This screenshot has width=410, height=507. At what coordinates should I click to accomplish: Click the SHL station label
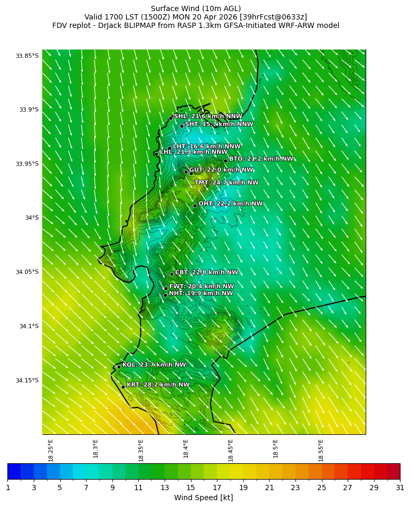(x=208, y=116)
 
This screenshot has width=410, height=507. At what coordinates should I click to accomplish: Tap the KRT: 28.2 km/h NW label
(x=158, y=385)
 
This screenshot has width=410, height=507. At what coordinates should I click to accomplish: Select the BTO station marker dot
(x=225, y=161)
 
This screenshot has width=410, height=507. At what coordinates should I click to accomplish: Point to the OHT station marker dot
(x=195, y=206)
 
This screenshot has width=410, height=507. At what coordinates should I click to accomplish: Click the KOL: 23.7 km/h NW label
(x=154, y=365)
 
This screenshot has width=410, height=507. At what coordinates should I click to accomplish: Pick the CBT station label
(x=206, y=272)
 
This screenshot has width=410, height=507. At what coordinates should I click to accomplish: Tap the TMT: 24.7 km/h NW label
(x=226, y=183)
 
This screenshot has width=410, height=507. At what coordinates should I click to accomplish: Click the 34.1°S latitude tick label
(x=29, y=326)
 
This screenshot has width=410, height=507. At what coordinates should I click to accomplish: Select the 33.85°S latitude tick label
(x=27, y=56)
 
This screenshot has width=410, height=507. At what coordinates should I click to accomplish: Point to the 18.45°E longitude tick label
(x=231, y=450)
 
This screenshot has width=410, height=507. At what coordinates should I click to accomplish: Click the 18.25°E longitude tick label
(x=51, y=450)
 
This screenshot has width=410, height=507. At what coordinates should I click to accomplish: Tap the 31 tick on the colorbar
(x=400, y=487)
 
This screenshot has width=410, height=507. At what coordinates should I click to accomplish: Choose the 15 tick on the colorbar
(x=190, y=487)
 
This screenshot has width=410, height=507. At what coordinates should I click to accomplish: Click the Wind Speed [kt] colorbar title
(x=204, y=498)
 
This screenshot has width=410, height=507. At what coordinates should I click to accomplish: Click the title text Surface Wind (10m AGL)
(x=196, y=8)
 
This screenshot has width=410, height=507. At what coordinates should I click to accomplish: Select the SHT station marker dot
(x=182, y=126)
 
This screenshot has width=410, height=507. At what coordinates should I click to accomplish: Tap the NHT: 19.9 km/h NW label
(x=201, y=294)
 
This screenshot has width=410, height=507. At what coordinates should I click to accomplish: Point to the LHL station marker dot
(x=156, y=154)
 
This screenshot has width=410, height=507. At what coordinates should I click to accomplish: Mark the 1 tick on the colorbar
(x=8, y=487)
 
